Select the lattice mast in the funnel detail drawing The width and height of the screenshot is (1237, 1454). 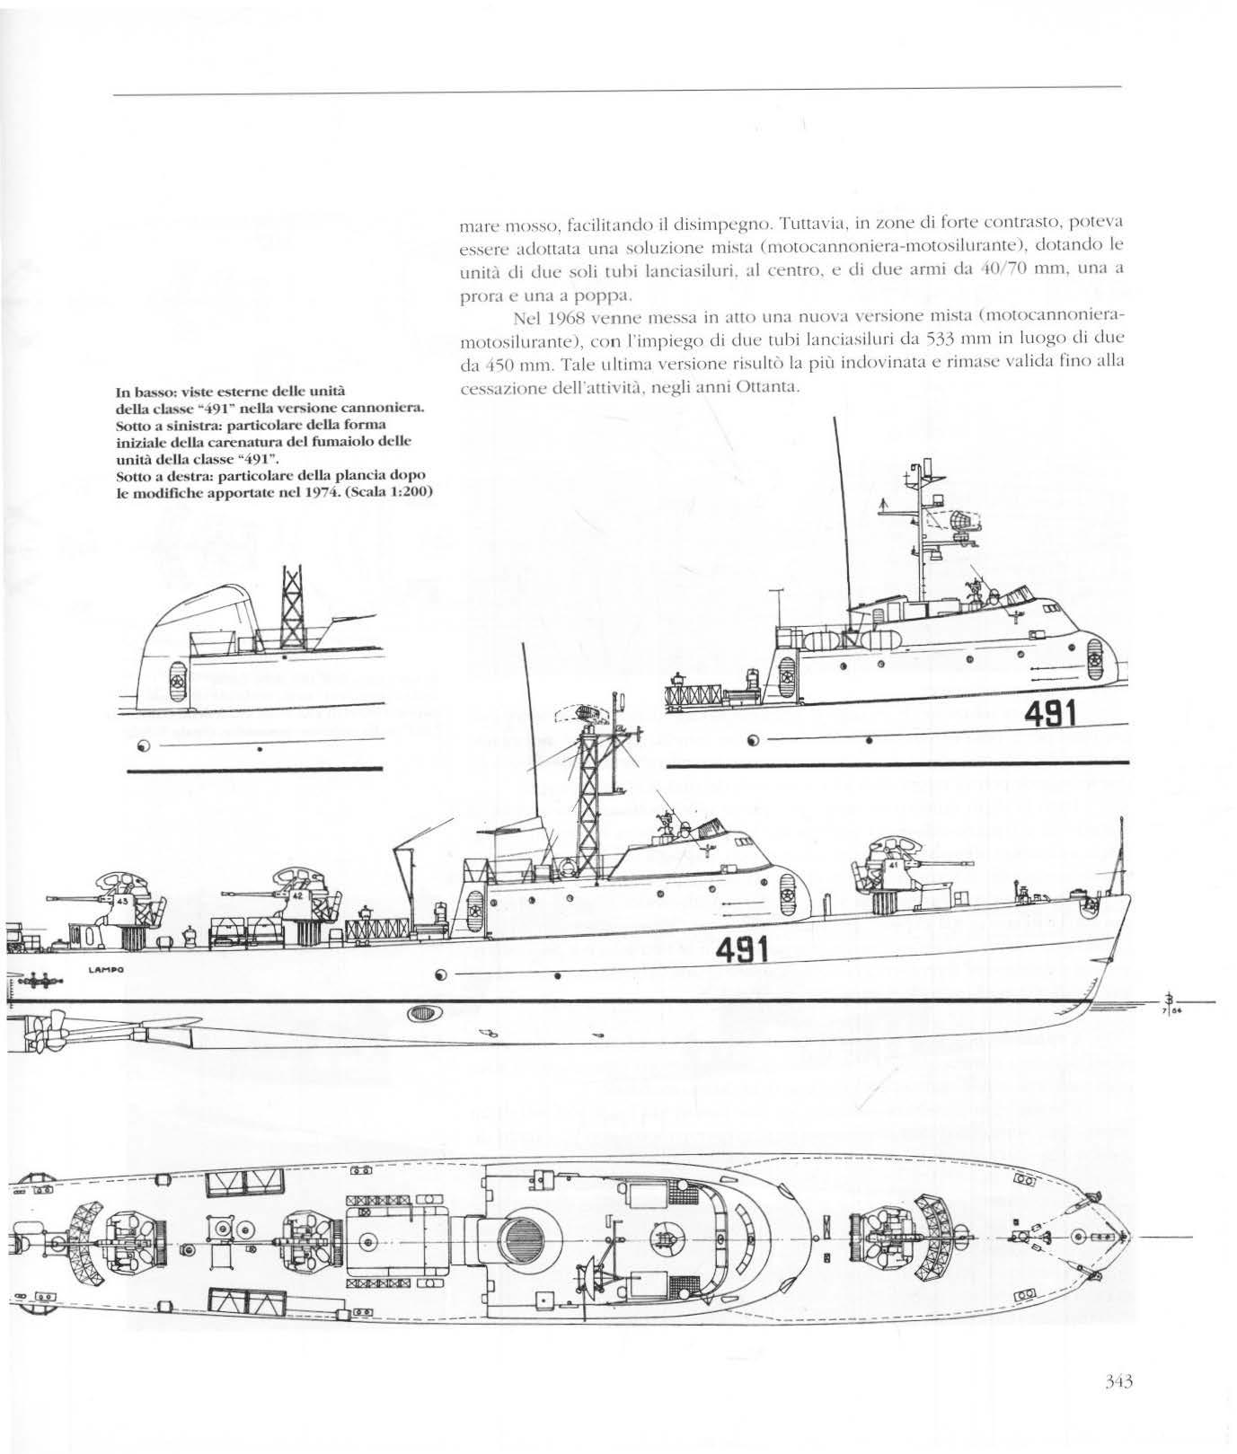coord(293,615)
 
